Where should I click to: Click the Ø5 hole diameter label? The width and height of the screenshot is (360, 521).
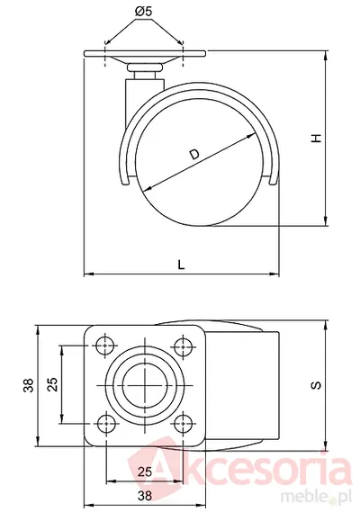[143, 12]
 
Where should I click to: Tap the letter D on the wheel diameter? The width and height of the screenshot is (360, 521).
[194, 155]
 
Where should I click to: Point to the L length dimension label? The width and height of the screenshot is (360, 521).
[181, 265]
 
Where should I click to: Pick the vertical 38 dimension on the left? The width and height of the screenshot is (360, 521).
[29, 385]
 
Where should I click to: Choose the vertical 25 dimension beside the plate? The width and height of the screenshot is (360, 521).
[52, 384]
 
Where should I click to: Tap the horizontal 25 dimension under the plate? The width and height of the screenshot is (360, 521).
[145, 472]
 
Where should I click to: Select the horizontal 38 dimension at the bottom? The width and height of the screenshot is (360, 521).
[145, 496]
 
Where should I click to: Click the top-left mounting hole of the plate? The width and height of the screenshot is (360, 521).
[106, 346]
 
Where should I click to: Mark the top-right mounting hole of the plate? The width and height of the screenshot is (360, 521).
[184, 346]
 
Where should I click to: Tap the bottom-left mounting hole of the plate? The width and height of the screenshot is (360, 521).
[106, 423]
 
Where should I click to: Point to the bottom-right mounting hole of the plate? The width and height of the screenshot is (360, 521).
[184, 423]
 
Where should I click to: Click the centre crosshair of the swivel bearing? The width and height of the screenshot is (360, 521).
[145, 385]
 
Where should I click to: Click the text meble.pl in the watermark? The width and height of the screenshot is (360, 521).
[316, 496]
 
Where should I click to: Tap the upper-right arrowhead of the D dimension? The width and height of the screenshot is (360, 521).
[251, 136]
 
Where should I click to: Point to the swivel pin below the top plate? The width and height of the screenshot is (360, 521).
[145, 73]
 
